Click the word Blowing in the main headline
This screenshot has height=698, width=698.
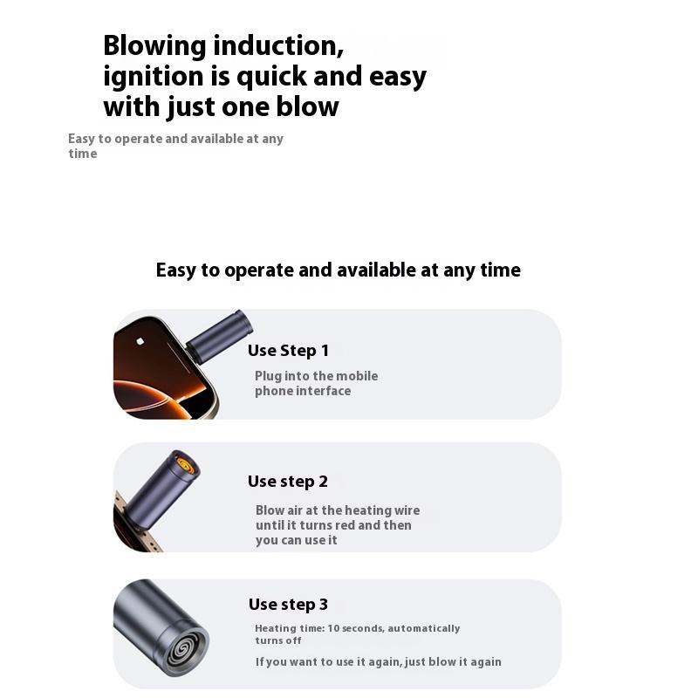pos(155,47)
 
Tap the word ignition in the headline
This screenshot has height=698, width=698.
pos(154,77)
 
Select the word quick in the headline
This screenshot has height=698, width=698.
pos(271,77)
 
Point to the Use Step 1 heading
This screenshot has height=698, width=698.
pos(289,351)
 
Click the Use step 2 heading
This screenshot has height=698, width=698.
pos(288,482)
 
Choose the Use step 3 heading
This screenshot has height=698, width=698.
pos(288,605)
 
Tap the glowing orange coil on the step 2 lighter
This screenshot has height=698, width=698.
pos(186,465)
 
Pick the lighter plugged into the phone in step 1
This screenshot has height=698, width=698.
pos(219,337)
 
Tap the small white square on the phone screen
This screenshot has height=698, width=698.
pos(140,341)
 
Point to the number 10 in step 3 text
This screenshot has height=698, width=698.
pos(333,628)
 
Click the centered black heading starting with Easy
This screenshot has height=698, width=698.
pos(339,270)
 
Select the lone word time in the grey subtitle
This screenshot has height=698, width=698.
pos(83,154)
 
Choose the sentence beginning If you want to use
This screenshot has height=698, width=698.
pos(379,662)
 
